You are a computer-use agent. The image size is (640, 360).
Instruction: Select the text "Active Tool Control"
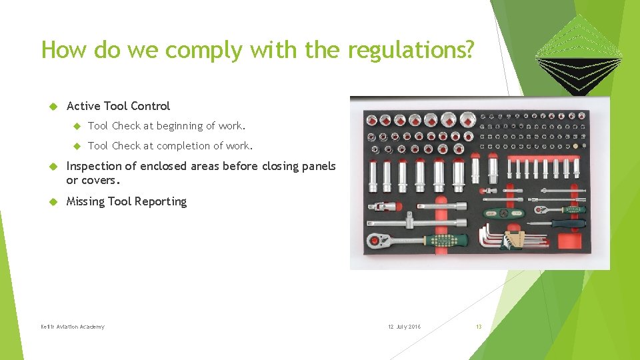coord(118,106)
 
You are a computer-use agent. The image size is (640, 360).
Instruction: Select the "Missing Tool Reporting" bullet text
coord(127,201)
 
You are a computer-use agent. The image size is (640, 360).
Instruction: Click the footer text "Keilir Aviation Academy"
coord(72,327)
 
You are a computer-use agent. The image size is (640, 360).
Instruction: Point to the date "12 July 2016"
coord(404,327)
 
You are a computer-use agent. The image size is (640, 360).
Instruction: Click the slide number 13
coord(478,327)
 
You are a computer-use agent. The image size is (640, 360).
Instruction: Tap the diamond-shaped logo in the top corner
coord(579,53)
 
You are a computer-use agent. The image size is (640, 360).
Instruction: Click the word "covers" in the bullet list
coord(101,181)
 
